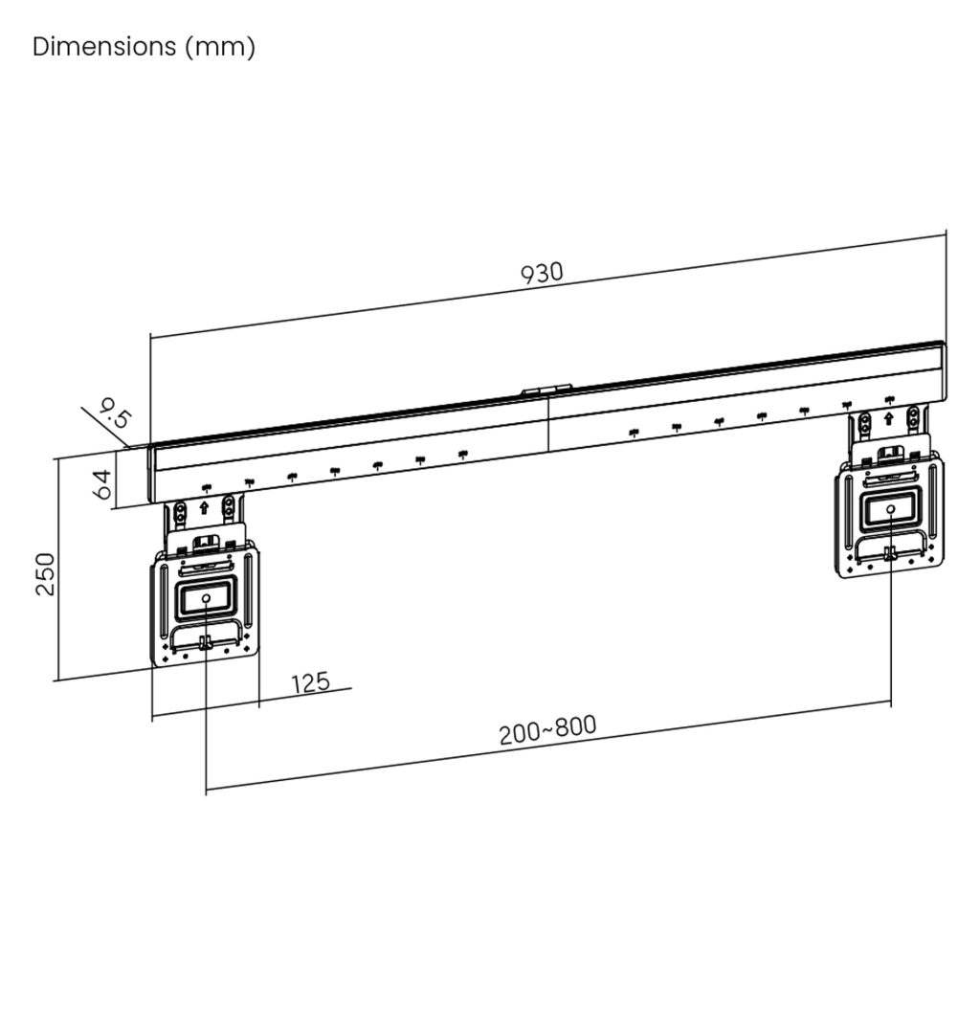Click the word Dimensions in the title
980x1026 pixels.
(x=104, y=47)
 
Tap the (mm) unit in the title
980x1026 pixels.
(x=220, y=47)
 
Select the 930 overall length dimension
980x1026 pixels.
(x=542, y=273)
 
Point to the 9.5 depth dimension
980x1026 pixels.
(x=115, y=413)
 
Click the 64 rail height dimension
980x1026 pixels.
(x=102, y=484)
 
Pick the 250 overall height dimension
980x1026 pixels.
(x=44, y=574)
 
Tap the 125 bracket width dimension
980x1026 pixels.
(x=310, y=683)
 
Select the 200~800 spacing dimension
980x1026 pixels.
(x=548, y=729)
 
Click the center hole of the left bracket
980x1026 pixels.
(x=206, y=598)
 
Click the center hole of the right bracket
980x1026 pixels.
(x=890, y=509)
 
